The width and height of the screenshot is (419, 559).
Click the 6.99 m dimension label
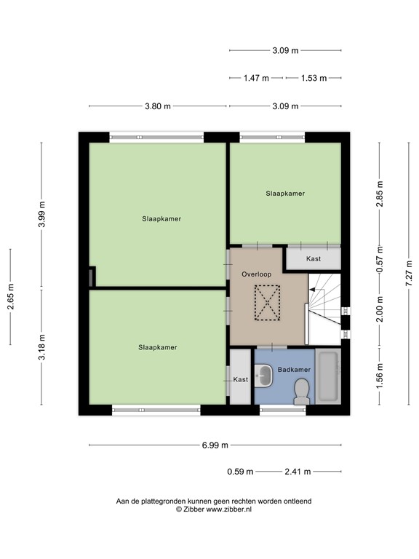215,445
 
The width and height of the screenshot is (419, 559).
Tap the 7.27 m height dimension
408,274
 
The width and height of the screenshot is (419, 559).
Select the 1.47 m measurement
256,77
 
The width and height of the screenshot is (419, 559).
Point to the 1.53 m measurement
313,77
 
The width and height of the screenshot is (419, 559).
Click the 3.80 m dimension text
158,106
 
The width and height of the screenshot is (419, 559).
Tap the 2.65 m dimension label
11,297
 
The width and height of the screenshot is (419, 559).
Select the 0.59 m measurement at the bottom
239,471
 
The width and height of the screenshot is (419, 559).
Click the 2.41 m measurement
297,471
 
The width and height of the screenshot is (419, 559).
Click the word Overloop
256,274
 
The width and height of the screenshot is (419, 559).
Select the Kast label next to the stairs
314,258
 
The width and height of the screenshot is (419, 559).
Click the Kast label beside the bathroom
240,379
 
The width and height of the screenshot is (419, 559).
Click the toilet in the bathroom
299,395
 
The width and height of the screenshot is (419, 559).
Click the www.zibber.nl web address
228,510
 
